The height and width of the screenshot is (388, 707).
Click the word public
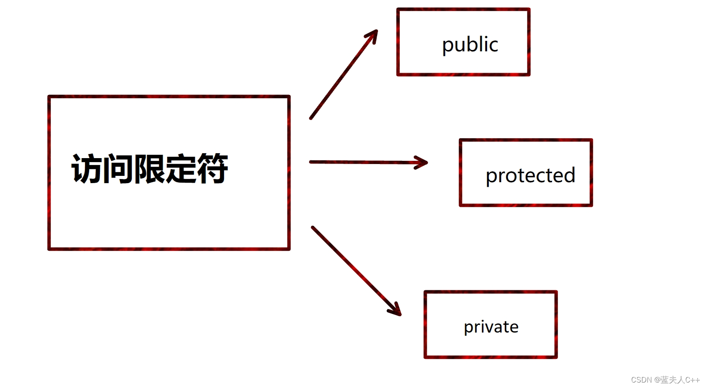tap(470, 45)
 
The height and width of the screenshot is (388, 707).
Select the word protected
tap(530, 175)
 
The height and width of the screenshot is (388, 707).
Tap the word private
tap(491, 327)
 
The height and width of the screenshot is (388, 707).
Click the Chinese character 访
tap(87, 169)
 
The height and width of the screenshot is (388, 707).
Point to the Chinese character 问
tap(118, 169)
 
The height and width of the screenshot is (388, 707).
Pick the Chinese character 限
tap(149, 169)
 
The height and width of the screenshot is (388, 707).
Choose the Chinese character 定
tap(180, 169)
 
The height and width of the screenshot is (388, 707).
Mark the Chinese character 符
tap(212, 169)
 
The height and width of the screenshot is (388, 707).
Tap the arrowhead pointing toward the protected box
tap(423, 162)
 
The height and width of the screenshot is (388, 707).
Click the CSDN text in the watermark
tap(641, 380)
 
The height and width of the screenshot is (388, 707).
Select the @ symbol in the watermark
tap(657, 380)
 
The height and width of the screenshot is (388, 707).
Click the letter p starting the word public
tap(448, 46)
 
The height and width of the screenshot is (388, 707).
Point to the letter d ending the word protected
tap(570, 175)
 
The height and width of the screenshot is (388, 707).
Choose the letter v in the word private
tap(488, 327)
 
